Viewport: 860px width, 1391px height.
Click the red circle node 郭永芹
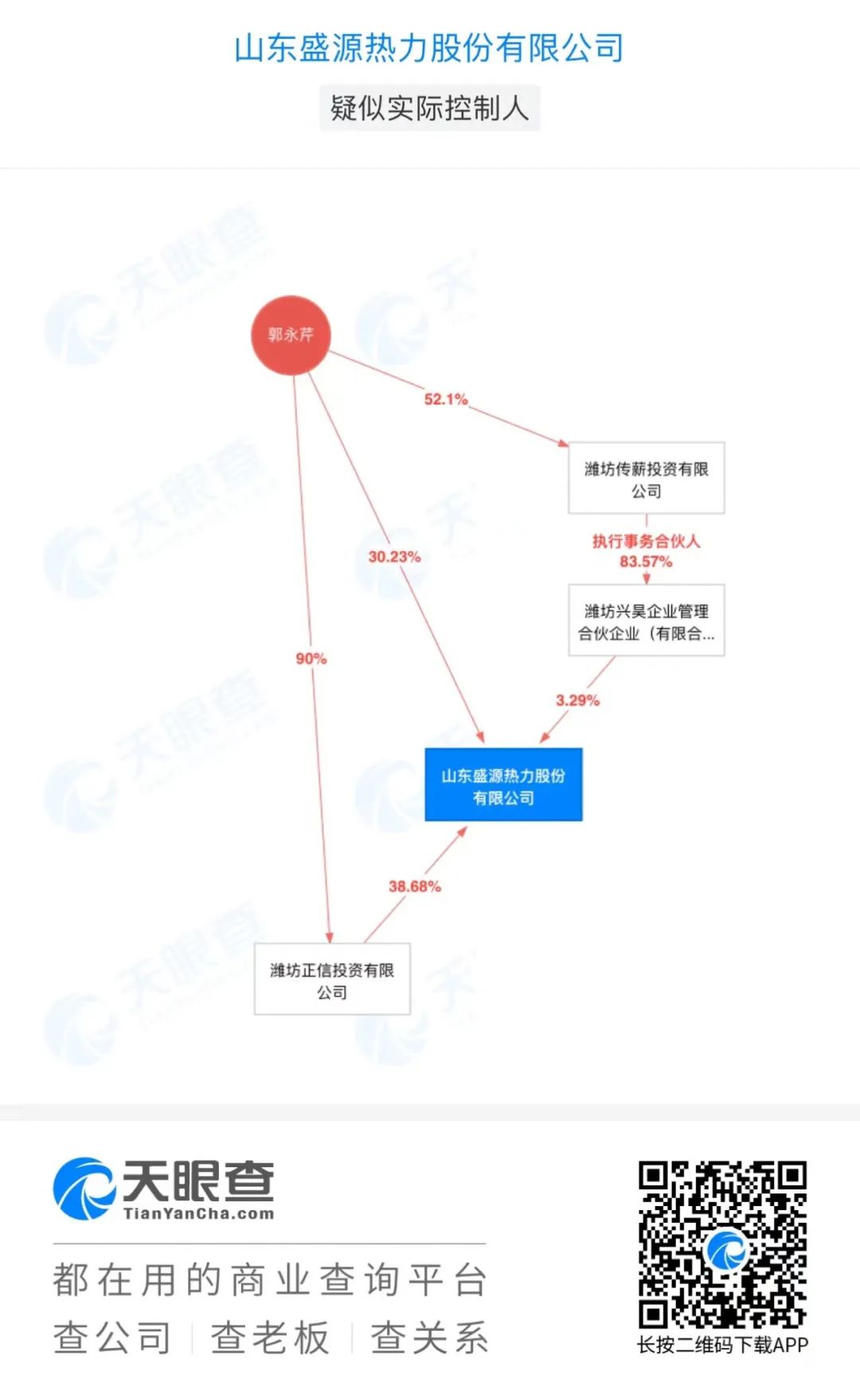pyautogui.click(x=291, y=335)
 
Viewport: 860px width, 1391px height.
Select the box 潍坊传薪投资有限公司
pyautogui.click(x=646, y=478)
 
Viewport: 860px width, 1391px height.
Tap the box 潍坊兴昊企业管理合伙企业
pyautogui.click(x=646, y=621)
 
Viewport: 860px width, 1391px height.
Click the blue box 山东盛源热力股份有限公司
pyautogui.click(x=503, y=785)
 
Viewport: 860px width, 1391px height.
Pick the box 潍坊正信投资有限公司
pyautogui.click(x=332, y=979)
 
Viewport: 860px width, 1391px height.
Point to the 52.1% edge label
pyautogui.click(x=446, y=399)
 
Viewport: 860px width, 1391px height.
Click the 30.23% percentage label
pyautogui.click(x=394, y=556)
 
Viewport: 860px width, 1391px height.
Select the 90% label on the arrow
pyautogui.click(x=311, y=658)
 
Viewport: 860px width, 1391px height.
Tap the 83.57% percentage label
pyautogui.click(x=646, y=562)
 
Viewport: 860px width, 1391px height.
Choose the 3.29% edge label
pyautogui.click(x=577, y=700)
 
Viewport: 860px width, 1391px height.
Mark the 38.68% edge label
pyautogui.click(x=414, y=886)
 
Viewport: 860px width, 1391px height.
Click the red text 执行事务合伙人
pyautogui.click(x=646, y=541)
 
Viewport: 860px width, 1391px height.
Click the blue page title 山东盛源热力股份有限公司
pyautogui.click(x=429, y=48)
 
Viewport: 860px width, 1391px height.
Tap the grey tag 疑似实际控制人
pyautogui.click(x=430, y=108)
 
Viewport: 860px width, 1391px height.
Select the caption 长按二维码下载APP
pyautogui.click(x=722, y=1345)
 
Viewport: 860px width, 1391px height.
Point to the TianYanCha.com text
pyautogui.click(x=198, y=1214)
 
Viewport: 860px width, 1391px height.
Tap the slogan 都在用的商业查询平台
pyautogui.click(x=269, y=1280)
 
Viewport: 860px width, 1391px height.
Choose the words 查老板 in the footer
pyautogui.click(x=270, y=1338)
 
